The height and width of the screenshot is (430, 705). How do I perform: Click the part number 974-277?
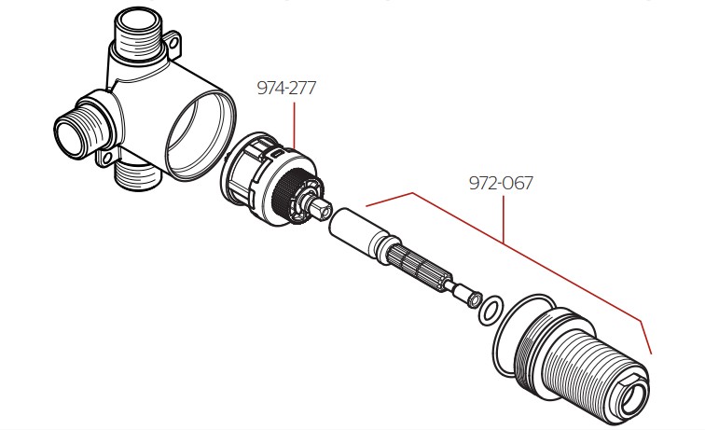[x=286, y=88]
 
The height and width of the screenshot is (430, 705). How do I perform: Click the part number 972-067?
[x=501, y=183]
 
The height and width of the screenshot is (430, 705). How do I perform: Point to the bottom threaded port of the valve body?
[x=138, y=176]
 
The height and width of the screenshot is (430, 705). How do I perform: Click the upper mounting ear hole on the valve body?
[x=173, y=43]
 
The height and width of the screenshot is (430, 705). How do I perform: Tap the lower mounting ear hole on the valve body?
[x=106, y=159]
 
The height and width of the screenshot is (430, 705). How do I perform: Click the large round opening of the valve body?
[x=200, y=135]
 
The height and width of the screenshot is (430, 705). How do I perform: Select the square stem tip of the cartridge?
[x=323, y=208]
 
